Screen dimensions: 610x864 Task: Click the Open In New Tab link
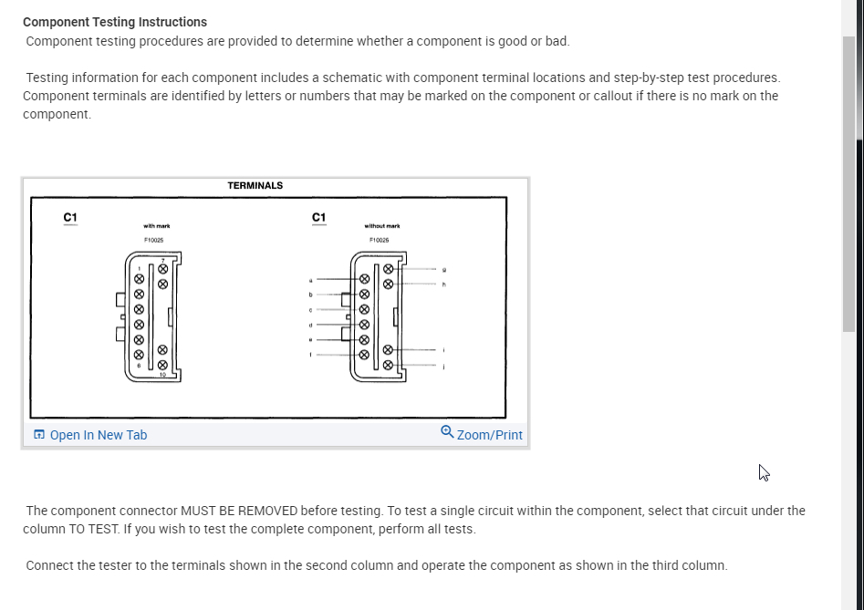tap(98, 435)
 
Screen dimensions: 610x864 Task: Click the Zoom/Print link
tap(489, 435)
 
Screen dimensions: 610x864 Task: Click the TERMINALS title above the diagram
tap(255, 186)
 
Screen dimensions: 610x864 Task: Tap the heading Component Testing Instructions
tap(115, 22)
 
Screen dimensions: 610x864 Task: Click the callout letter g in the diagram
tap(444, 269)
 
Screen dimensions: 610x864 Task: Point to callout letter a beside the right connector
tap(311, 280)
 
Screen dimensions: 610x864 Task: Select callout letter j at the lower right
tap(444, 367)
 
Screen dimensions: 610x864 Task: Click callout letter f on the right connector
tap(311, 354)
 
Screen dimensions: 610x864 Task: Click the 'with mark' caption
tap(156, 226)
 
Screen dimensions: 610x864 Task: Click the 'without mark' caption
tap(381, 226)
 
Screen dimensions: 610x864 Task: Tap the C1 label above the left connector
tap(70, 217)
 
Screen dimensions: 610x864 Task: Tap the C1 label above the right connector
tap(318, 217)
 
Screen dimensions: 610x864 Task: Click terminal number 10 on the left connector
tap(162, 374)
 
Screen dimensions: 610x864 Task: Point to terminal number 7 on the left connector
tap(163, 261)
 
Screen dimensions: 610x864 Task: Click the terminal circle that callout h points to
tap(388, 284)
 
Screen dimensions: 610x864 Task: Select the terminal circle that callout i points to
tap(388, 349)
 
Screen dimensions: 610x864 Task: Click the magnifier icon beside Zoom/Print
tap(447, 432)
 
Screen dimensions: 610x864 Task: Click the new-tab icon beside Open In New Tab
tap(38, 435)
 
